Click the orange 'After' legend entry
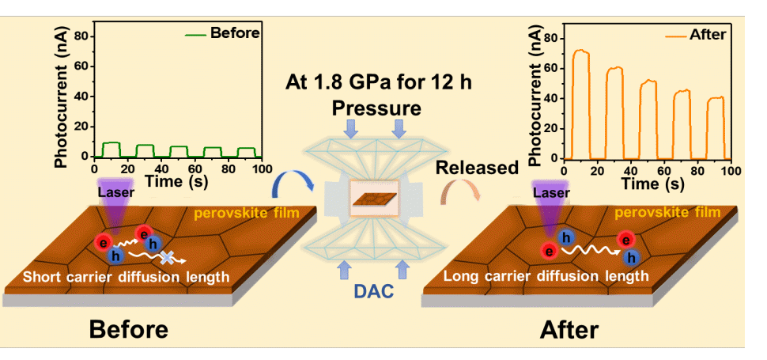point(696,35)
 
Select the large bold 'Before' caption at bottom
point(128,329)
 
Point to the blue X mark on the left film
point(167,257)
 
